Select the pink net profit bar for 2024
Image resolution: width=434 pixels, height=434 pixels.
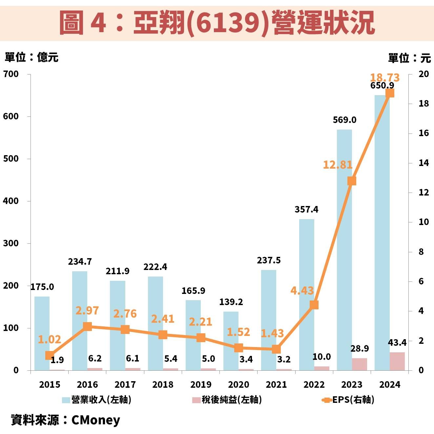(397, 361)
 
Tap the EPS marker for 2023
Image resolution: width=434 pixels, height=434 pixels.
(352, 181)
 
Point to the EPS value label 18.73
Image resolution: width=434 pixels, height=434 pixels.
(385, 78)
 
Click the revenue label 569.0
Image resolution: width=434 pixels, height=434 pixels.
(344, 120)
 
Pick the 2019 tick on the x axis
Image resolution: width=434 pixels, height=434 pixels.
(201, 384)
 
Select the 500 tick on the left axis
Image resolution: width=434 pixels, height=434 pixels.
(11, 159)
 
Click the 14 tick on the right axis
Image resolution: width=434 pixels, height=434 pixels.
(424, 163)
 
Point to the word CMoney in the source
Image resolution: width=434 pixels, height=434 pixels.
(96, 420)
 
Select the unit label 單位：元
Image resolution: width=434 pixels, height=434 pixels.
(409, 58)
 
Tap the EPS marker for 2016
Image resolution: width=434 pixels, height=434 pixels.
(87, 326)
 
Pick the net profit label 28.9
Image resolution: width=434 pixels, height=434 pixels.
(360, 348)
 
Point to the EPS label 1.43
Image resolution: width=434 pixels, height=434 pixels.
(272, 333)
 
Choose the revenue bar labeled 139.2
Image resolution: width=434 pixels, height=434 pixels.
(231, 341)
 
